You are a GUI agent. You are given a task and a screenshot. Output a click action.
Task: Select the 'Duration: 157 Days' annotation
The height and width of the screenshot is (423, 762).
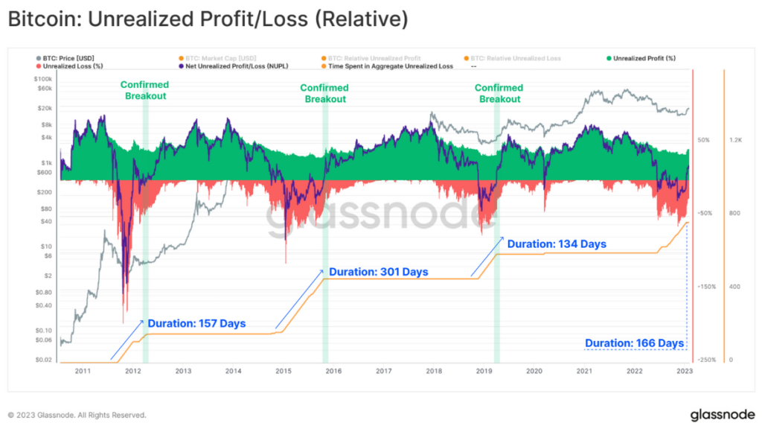point(196,323)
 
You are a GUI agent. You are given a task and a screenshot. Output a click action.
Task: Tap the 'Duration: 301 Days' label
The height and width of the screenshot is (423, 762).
point(378,272)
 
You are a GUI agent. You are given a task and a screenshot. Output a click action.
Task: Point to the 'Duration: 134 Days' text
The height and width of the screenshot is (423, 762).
point(557,244)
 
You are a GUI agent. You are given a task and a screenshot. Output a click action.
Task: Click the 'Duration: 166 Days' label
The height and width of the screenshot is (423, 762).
point(634,343)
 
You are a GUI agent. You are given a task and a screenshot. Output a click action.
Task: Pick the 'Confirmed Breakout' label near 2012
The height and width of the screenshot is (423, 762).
point(144,90)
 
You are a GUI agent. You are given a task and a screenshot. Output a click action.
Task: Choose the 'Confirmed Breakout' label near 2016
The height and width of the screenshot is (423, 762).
point(324,93)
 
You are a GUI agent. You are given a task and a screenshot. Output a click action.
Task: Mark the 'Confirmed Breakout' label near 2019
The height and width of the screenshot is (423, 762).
point(499,93)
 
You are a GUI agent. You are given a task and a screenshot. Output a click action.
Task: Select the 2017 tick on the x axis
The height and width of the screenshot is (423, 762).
point(384,370)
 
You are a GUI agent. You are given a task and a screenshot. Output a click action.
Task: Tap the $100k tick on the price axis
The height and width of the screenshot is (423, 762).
point(42,78)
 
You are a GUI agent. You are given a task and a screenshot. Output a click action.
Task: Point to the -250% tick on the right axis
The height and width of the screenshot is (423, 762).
point(706,360)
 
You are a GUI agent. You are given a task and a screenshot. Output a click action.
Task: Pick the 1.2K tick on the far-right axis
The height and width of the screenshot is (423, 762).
point(736,140)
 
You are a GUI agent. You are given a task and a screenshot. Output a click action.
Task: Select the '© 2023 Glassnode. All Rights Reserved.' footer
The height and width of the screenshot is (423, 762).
point(77,415)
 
